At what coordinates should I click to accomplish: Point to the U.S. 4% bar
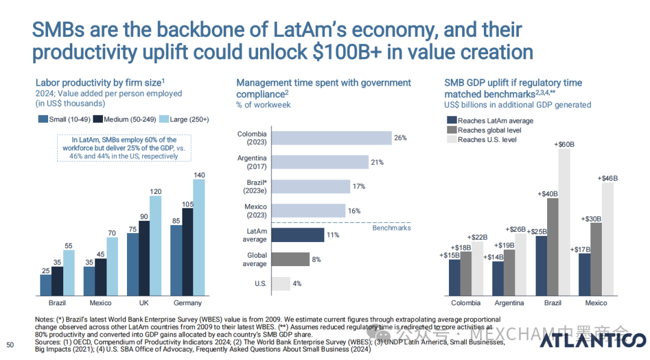281,284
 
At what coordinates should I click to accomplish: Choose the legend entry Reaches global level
489,130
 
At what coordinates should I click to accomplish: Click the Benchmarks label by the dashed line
391,228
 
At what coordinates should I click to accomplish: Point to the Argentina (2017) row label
252,162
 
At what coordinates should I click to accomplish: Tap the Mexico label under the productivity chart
101,303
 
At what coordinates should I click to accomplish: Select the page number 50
10,345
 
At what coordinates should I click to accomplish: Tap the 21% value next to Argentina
377,163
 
